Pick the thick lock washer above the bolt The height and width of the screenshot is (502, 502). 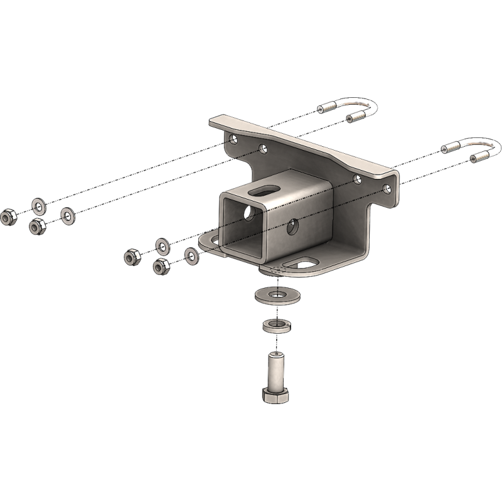pos(274,325)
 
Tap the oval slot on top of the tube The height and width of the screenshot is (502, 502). pos(265,187)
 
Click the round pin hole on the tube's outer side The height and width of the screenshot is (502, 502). pos(293,227)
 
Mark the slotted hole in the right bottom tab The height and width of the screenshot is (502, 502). pos(302,264)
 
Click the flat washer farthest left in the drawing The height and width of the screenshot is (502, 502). pos(39,205)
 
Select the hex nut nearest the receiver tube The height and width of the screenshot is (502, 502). pos(161,266)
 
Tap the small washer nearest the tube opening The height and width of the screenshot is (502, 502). pos(191,255)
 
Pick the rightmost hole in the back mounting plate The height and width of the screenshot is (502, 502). pos(388,188)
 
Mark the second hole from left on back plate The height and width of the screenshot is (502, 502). pos(264,149)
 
